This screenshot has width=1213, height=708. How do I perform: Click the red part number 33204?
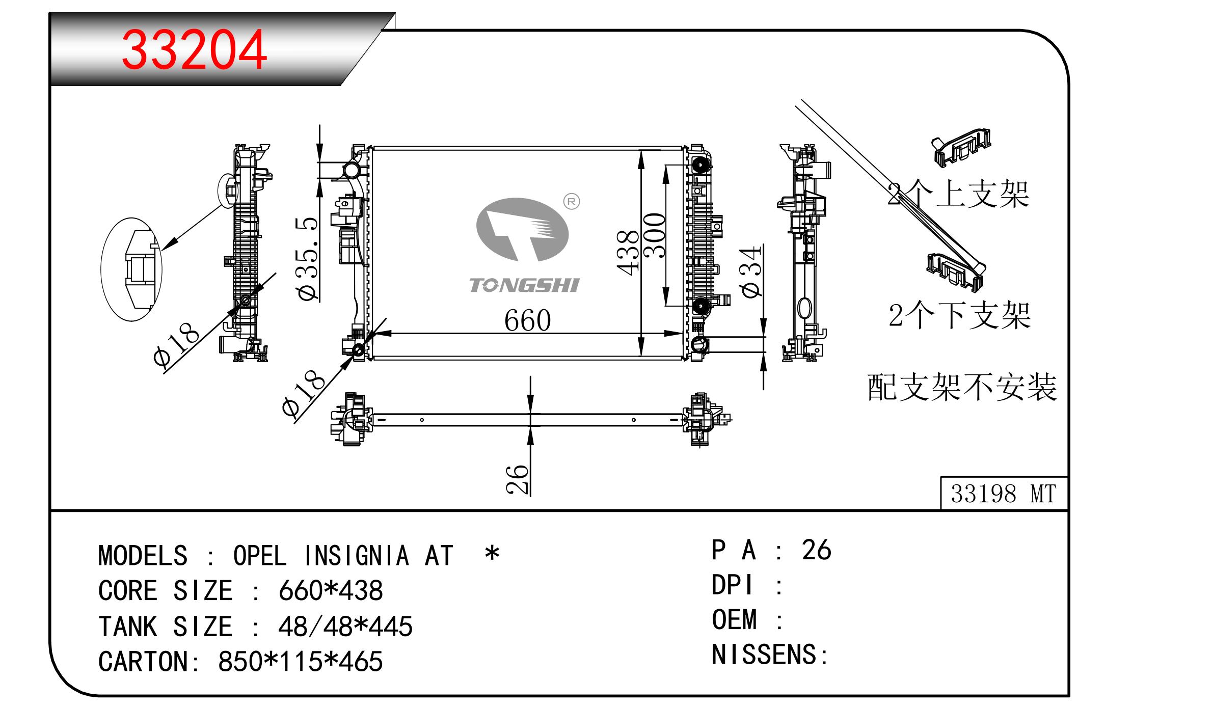pyautogui.click(x=194, y=50)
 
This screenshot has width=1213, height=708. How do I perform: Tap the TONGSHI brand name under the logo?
pyautogui.click(x=524, y=285)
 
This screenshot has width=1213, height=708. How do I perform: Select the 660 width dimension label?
pyautogui.click(x=527, y=320)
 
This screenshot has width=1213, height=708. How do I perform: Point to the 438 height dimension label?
pyautogui.click(x=628, y=253)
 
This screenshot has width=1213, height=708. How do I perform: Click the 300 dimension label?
pyautogui.click(x=655, y=235)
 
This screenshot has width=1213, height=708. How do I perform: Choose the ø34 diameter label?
pyautogui.click(x=752, y=271)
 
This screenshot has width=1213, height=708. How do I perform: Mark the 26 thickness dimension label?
pyautogui.click(x=518, y=479)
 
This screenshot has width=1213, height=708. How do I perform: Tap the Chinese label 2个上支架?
pyautogui.click(x=958, y=194)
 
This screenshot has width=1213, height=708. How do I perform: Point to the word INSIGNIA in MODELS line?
pyautogui.click(x=357, y=555)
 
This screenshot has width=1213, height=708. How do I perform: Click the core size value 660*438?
pyautogui.click(x=331, y=591)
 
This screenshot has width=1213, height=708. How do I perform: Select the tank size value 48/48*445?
pyautogui.click(x=345, y=627)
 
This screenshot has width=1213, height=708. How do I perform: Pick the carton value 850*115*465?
pyautogui.click(x=300, y=662)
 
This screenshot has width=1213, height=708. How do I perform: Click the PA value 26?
pyautogui.click(x=816, y=550)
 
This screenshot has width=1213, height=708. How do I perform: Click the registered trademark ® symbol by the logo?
pyautogui.click(x=572, y=202)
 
